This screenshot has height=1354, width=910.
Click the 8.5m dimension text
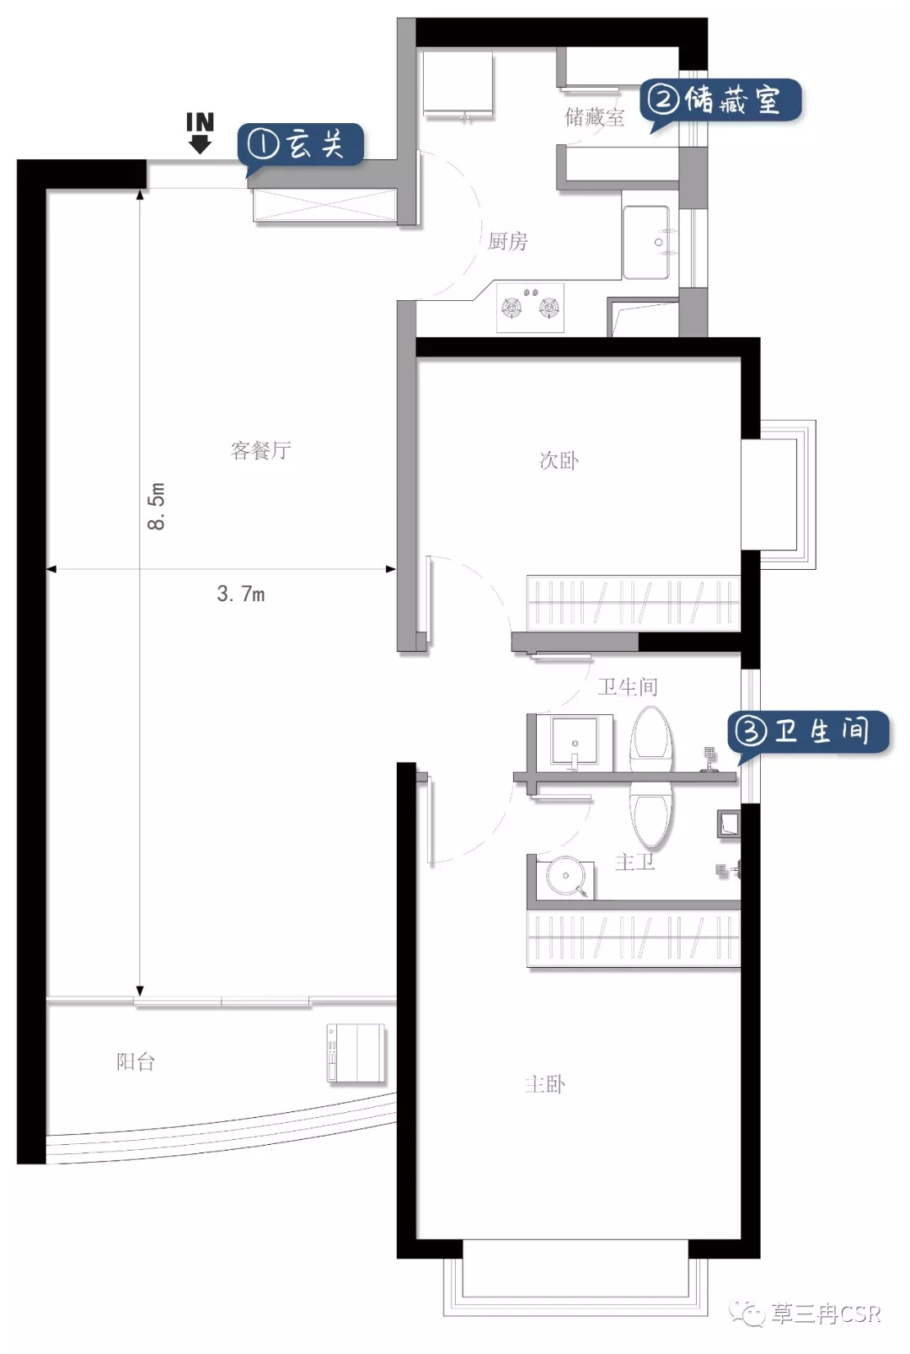pyautogui.click(x=157, y=506)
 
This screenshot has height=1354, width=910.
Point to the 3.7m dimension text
pyautogui.click(x=240, y=594)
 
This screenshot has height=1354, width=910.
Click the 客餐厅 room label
pyautogui.click(x=260, y=450)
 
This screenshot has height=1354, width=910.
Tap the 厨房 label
pyautogui.click(x=507, y=242)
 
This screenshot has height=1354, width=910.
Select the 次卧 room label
pyautogui.click(x=559, y=460)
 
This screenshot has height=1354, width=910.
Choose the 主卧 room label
pyautogui.click(x=545, y=1084)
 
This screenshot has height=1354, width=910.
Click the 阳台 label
pyautogui.click(x=136, y=1061)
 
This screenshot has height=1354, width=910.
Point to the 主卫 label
pyautogui.click(x=634, y=862)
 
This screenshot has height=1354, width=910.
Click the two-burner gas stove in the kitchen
pyautogui.click(x=531, y=307)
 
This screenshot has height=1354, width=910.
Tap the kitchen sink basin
pyautogui.click(x=646, y=243)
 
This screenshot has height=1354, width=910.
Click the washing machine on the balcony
pyautogui.click(x=356, y=1052)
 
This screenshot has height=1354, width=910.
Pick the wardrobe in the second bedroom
pyautogui.click(x=634, y=603)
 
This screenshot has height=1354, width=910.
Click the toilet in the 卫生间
pyautogui.click(x=651, y=737)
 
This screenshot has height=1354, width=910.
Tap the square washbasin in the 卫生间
pyautogui.click(x=575, y=742)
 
